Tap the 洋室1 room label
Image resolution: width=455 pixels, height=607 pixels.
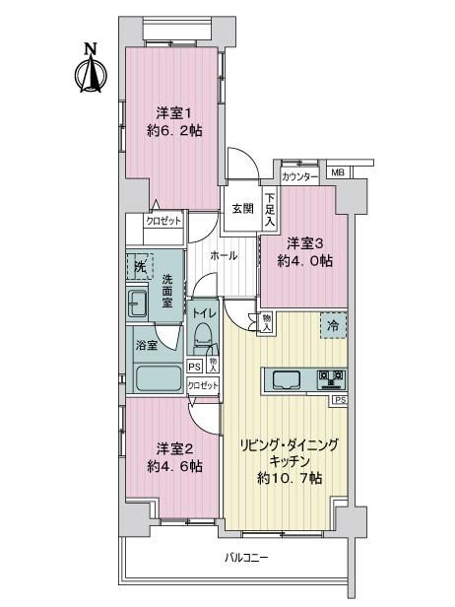[174, 114]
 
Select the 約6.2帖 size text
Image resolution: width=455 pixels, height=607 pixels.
[174, 131]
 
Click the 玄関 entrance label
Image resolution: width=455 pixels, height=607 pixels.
[243, 209]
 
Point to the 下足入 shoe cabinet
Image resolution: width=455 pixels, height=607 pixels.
[270, 210]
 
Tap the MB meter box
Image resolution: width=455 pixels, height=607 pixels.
[338, 172]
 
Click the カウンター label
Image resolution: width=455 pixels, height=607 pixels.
[299, 177]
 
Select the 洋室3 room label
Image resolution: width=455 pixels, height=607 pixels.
[305, 244]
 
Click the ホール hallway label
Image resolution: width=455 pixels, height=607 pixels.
[224, 255]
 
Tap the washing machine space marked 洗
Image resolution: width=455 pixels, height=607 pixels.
[140, 266]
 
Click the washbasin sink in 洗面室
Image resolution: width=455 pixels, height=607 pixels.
[137, 303]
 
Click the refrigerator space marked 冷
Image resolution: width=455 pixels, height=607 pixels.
[333, 325]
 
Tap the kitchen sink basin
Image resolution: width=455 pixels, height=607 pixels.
[287, 380]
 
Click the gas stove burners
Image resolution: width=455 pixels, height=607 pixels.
[331, 379]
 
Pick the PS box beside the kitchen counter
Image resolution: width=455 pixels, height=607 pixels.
[340, 400]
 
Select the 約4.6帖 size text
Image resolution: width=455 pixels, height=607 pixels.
[174, 466]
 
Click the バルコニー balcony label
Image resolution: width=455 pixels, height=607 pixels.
[246, 558]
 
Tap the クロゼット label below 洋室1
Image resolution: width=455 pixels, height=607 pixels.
[163, 221]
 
